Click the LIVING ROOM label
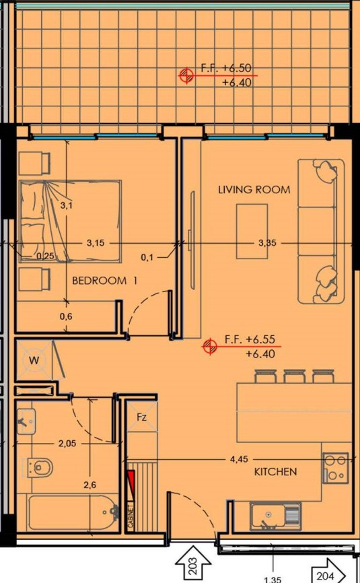pyautogui.click(x=254, y=190)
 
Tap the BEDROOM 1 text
pyautogui.click(x=104, y=281)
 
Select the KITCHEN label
pyautogui.click(x=275, y=472)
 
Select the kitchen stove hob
pyautogui.click(x=335, y=467)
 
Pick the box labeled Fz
pyautogui.click(x=142, y=417)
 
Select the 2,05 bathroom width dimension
pyautogui.click(x=66, y=443)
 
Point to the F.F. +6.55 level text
pyautogui.click(x=250, y=339)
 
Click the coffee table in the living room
pyautogui.click(x=252, y=231)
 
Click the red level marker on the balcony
pyautogui.click(x=186, y=75)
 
